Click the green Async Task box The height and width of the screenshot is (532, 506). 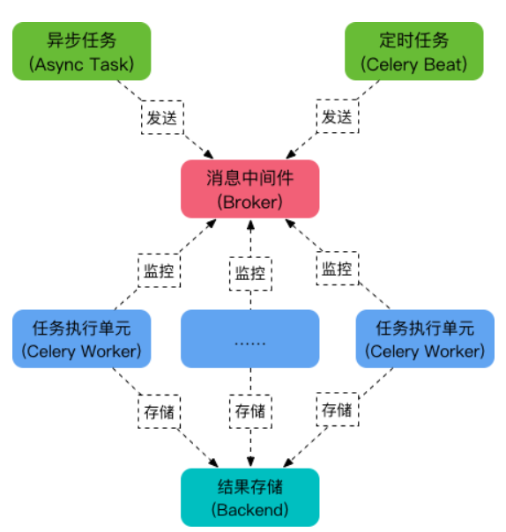tap(81, 51)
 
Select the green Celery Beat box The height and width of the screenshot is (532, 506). tap(413, 51)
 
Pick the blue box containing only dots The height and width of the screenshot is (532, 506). tap(249, 338)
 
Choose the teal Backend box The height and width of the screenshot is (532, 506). tap(249, 497)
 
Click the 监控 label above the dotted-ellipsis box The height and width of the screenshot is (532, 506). tap(249, 272)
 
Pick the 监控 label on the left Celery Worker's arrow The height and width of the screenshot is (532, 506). tap(159, 268)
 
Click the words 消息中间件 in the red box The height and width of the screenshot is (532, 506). tap(249, 179)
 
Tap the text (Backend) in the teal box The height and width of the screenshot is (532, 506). tap(249, 509)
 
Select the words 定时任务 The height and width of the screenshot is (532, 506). tap(413, 41)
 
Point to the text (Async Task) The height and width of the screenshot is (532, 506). tap(81, 63)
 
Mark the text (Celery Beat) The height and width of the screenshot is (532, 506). tap(413, 63)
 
